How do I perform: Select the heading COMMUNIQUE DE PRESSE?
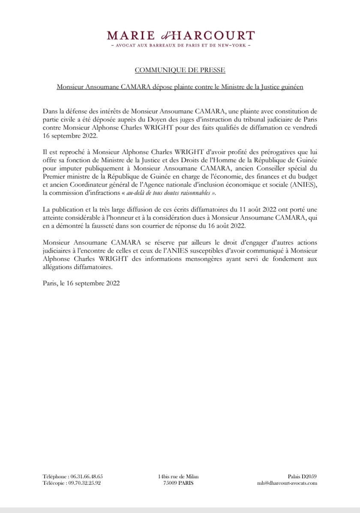(x=180, y=69)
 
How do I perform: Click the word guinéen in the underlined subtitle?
(x=291, y=87)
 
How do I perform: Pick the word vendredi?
(x=304, y=128)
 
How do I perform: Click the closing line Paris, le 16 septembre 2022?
(x=81, y=283)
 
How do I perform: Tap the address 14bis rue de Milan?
(x=178, y=477)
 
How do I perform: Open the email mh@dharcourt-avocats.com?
(x=287, y=483)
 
